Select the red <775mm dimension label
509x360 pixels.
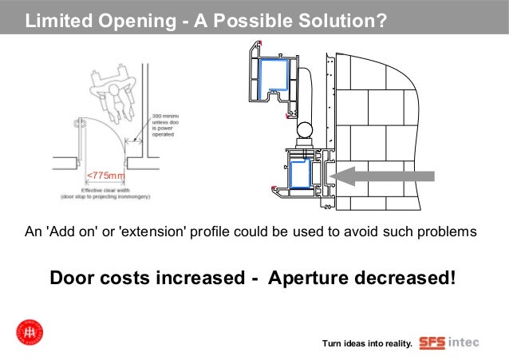point(105,175)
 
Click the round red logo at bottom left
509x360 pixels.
point(30,332)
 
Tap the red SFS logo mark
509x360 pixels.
point(433,342)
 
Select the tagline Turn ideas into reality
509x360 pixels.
point(366,344)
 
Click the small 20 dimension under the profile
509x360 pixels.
point(327,207)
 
